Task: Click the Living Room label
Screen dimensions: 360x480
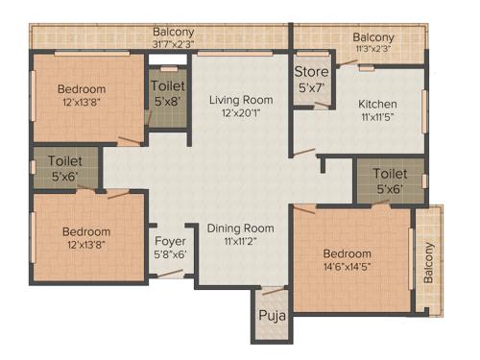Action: point(242,100)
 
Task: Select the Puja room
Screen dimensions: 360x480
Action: point(270,315)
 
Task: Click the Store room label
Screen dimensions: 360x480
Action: point(311,72)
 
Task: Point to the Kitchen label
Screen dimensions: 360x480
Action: point(378,105)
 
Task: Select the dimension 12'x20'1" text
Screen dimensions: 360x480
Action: point(242,113)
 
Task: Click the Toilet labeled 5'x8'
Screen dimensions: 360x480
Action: point(169,85)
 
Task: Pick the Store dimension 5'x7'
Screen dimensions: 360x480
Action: point(311,86)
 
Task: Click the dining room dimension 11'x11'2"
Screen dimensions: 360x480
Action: point(242,242)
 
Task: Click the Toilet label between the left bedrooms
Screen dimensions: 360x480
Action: point(65,161)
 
